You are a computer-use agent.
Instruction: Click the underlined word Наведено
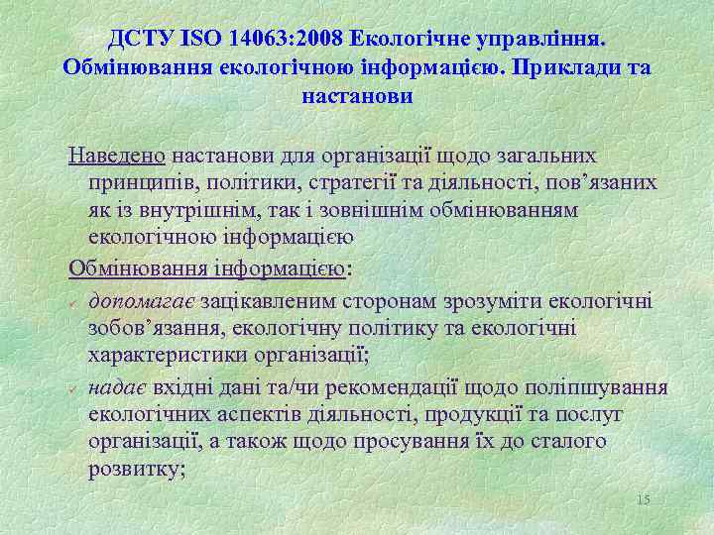click(117, 157)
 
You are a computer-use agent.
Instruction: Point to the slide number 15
click(643, 499)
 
